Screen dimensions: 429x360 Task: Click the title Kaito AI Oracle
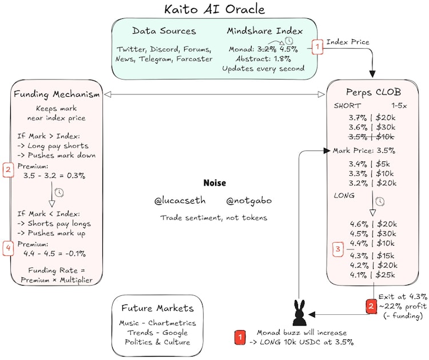(x=214, y=9)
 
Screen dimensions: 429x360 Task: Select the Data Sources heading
(x=164, y=31)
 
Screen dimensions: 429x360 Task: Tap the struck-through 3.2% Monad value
(x=267, y=49)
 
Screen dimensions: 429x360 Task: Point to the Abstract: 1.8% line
(x=263, y=59)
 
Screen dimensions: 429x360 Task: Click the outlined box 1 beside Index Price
(x=317, y=47)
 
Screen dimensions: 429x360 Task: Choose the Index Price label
(x=348, y=42)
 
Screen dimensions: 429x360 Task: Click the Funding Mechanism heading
(x=57, y=94)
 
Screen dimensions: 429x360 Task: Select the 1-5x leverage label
(x=399, y=106)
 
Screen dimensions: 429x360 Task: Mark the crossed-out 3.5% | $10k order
(x=371, y=137)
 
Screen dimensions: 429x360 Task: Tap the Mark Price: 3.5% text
(x=364, y=151)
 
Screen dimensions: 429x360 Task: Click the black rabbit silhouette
(x=299, y=313)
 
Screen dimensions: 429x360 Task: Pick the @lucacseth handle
(x=180, y=201)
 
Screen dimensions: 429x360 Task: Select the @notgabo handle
(x=249, y=201)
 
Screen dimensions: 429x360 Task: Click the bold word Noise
(x=214, y=183)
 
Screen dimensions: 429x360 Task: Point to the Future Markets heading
(x=158, y=308)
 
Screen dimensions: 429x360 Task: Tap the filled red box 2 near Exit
(x=371, y=306)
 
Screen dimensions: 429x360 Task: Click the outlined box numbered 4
(x=8, y=248)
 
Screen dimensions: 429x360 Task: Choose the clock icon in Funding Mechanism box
(x=59, y=192)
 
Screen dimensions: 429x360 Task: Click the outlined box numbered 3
(x=338, y=249)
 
